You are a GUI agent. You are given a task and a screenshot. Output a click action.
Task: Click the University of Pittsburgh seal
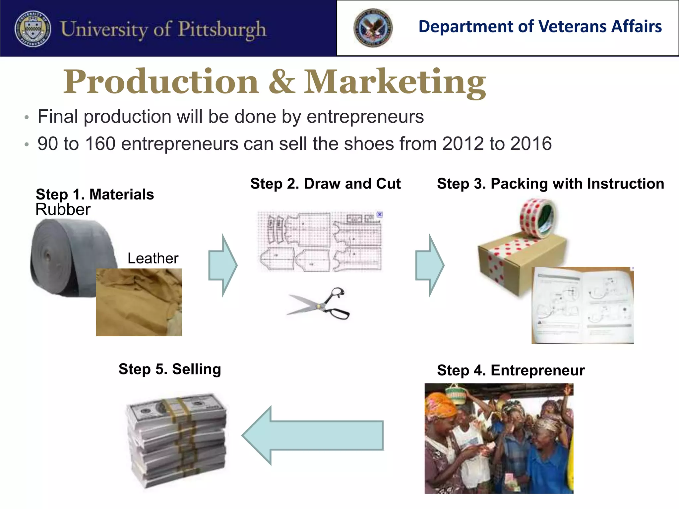click(x=33, y=29)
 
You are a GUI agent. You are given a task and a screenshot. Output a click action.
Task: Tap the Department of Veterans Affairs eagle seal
click(x=373, y=28)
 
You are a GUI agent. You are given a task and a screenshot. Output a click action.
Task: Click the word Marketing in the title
click(x=395, y=82)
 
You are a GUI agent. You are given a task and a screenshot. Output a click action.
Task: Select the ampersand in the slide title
click(x=281, y=82)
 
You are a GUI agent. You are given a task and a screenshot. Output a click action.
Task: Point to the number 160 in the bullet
click(x=100, y=144)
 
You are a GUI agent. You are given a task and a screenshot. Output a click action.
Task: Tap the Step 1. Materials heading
click(x=95, y=194)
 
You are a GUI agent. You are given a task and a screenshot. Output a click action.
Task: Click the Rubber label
click(x=63, y=209)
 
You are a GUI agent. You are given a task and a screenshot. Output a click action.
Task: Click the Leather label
click(x=153, y=258)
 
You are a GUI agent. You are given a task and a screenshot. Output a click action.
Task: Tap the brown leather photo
click(x=139, y=302)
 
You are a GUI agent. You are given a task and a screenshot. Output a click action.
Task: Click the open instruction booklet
click(x=583, y=305)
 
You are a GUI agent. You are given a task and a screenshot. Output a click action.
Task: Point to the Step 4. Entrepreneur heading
click(x=511, y=370)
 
